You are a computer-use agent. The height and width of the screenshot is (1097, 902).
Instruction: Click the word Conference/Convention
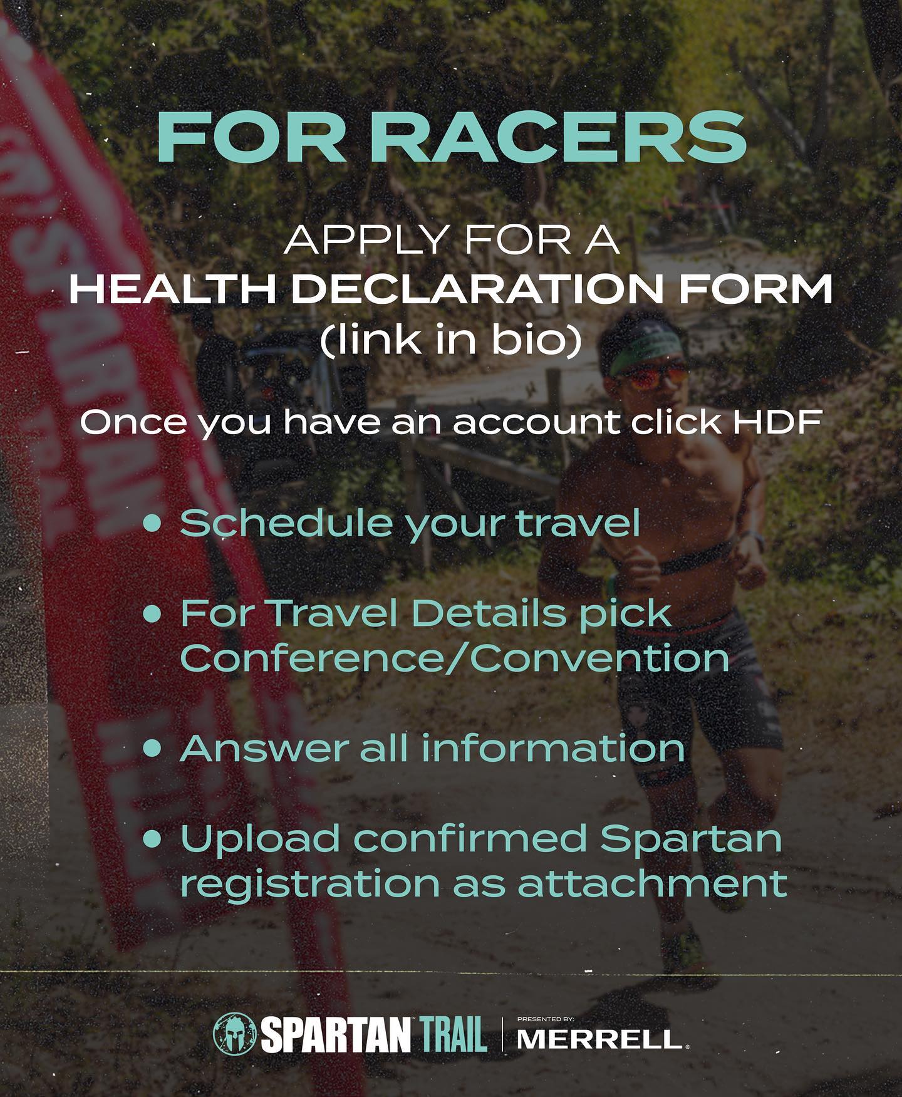455,657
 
